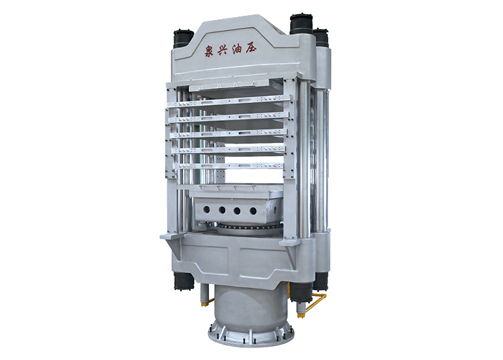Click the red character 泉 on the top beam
tap(210, 51)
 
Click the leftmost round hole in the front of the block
tap(206, 210)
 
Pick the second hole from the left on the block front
tap(222, 210)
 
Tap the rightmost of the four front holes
tap(253, 211)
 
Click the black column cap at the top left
tap(183, 38)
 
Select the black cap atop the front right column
tap(301, 24)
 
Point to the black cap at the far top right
tap(321, 37)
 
